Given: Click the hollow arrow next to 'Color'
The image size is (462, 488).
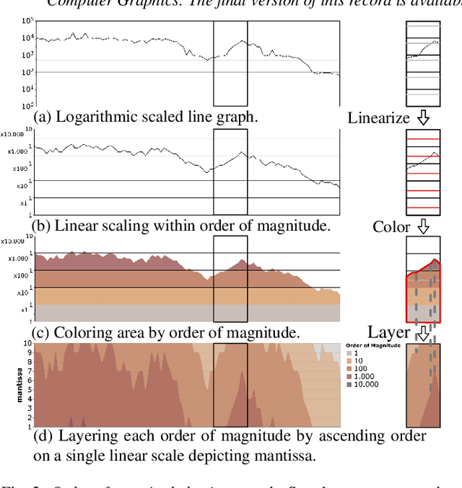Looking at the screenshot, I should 424,226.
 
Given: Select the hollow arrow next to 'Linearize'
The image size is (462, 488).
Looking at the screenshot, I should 424,117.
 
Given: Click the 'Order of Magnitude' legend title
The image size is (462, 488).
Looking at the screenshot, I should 372,346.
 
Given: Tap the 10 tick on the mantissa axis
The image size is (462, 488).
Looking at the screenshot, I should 27,344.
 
